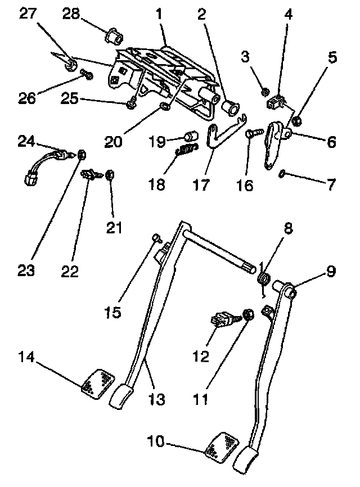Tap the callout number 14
pos(28,357)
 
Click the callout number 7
pos(331,184)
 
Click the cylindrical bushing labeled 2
pos(230,106)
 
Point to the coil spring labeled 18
pos(187,150)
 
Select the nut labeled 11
pos(246,314)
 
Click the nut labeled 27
pos(71,66)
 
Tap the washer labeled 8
pos(262,278)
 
